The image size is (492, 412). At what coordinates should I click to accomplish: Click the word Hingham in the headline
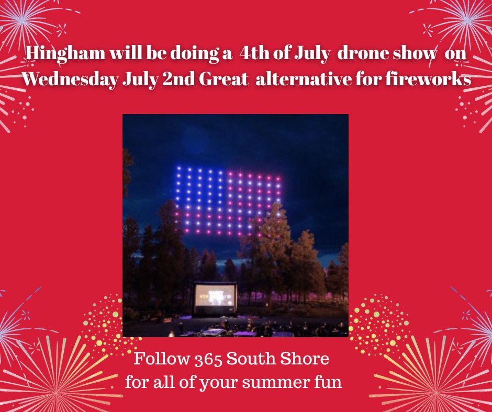click(x=65, y=54)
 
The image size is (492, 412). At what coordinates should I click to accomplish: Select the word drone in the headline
click(x=362, y=53)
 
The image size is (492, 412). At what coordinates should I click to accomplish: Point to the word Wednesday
click(x=70, y=79)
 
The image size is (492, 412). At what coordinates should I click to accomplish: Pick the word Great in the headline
click(x=223, y=79)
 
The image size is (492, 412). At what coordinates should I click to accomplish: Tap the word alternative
click(x=304, y=79)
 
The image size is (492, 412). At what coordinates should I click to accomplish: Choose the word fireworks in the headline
click(x=428, y=79)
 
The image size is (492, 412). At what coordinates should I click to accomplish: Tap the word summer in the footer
click(x=276, y=383)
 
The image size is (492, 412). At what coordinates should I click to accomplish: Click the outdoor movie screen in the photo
click(x=215, y=299)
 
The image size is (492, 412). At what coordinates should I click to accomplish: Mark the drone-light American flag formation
click(x=228, y=202)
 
